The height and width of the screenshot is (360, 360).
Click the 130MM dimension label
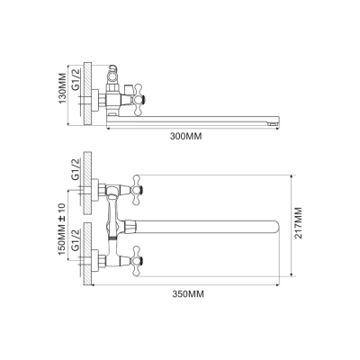[62, 88]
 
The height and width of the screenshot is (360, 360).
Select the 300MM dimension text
[186, 137]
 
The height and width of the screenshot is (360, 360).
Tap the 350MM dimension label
[188, 294]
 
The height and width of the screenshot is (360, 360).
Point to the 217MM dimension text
[298, 222]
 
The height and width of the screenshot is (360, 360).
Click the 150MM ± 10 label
[62, 229]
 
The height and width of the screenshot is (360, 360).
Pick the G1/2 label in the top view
[76, 79]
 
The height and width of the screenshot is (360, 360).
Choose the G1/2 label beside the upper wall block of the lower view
[76, 169]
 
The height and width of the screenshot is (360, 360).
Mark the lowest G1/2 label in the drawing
[76, 240]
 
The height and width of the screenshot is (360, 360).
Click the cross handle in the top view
[139, 100]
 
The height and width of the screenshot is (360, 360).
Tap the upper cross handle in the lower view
[138, 190]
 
